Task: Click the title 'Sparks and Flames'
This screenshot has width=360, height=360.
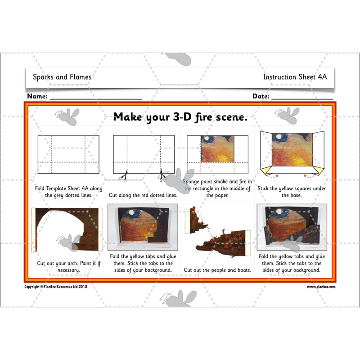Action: pyautogui.click(x=62, y=77)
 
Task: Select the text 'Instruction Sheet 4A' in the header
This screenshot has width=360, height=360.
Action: pyautogui.click(x=295, y=77)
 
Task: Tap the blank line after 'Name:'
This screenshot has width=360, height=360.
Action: pyautogui.click(x=95, y=97)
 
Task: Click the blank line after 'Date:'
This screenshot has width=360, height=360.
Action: pyautogui.click(x=302, y=97)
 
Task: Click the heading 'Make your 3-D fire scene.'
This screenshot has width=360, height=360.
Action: pyautogui.click(x=180, y=117)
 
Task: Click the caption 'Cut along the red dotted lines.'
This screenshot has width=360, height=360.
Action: pyautogui.click(x=143, y=195)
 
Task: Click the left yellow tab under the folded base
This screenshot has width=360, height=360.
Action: pyautogui.click(x=266, y=170)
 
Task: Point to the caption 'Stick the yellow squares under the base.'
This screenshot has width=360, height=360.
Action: pyautogui.click(x=292, y=192)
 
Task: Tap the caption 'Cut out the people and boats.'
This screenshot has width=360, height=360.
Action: pyautogui.click(x=217, y=270)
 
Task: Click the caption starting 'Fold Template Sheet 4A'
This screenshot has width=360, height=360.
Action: pyautogui.click(x=68, y=192)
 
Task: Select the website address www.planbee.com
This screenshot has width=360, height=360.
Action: pyautogui.click(x=321, y=287)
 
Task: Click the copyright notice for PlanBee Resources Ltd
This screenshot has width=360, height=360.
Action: pyautogui.click(x=55, y=287)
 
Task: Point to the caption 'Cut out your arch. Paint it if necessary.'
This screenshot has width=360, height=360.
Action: pyautogui.click(x=68, y=266)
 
